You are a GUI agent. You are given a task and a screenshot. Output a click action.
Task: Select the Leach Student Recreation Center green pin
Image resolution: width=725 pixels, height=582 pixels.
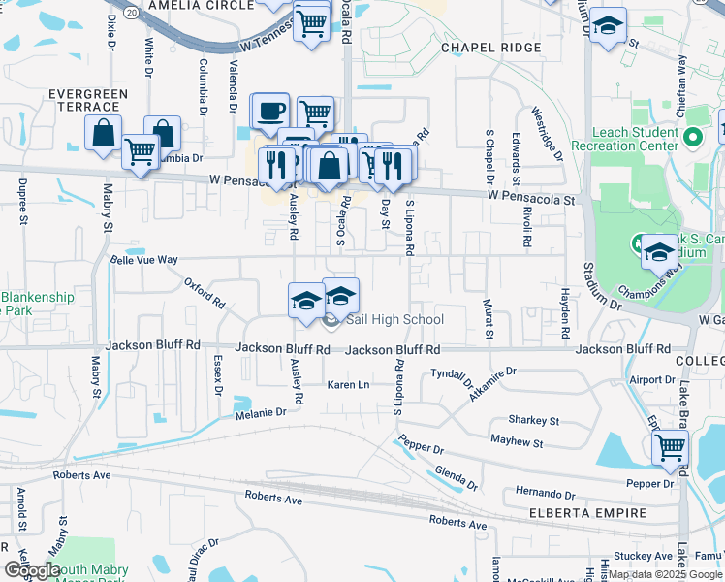[x=693, y=138]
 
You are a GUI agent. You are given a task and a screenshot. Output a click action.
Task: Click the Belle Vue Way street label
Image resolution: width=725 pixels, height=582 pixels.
[x=144, y=260]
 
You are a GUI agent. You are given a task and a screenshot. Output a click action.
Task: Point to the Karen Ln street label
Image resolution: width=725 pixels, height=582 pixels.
[x=349, y=385]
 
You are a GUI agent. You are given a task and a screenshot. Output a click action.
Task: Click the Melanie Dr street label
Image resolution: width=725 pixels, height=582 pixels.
[x=261, y=412]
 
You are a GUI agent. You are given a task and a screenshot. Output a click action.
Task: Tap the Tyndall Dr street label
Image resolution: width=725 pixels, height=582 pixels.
[x=450, y=373]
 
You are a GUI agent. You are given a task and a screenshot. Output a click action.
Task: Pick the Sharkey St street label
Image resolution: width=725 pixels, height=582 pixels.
[x=534, y=421]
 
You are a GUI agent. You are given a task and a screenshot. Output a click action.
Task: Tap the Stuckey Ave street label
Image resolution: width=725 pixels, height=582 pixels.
[x=649, y=556]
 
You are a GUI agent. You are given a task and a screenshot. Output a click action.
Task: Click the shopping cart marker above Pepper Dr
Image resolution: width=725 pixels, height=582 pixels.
[x=670, y=447]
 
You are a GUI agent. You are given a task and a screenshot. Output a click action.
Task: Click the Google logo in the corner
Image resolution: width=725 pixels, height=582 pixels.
[x=31, y=570]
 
